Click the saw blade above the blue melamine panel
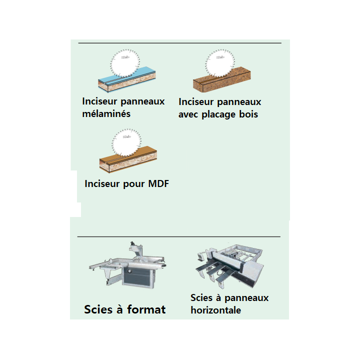(x=125, y=63)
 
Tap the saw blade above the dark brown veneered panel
(x=220, y=63)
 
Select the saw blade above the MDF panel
(x=126, y=143)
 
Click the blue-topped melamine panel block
(x=126, y=79)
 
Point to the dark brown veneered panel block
(x=222, y=79)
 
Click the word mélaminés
(x=106, y=113)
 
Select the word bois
(x=248, y=114)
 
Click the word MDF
(x=158, y=183)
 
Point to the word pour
(x=134, y=184)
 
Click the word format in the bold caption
(x=146, y=309)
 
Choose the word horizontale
(x=216, y=310)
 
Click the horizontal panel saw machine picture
(x=229, y=265)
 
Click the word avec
(x=188, y=114)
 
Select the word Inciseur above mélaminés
(x=99, y=101)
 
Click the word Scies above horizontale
(x=201, y=298)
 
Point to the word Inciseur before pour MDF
(x=102, y=183)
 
